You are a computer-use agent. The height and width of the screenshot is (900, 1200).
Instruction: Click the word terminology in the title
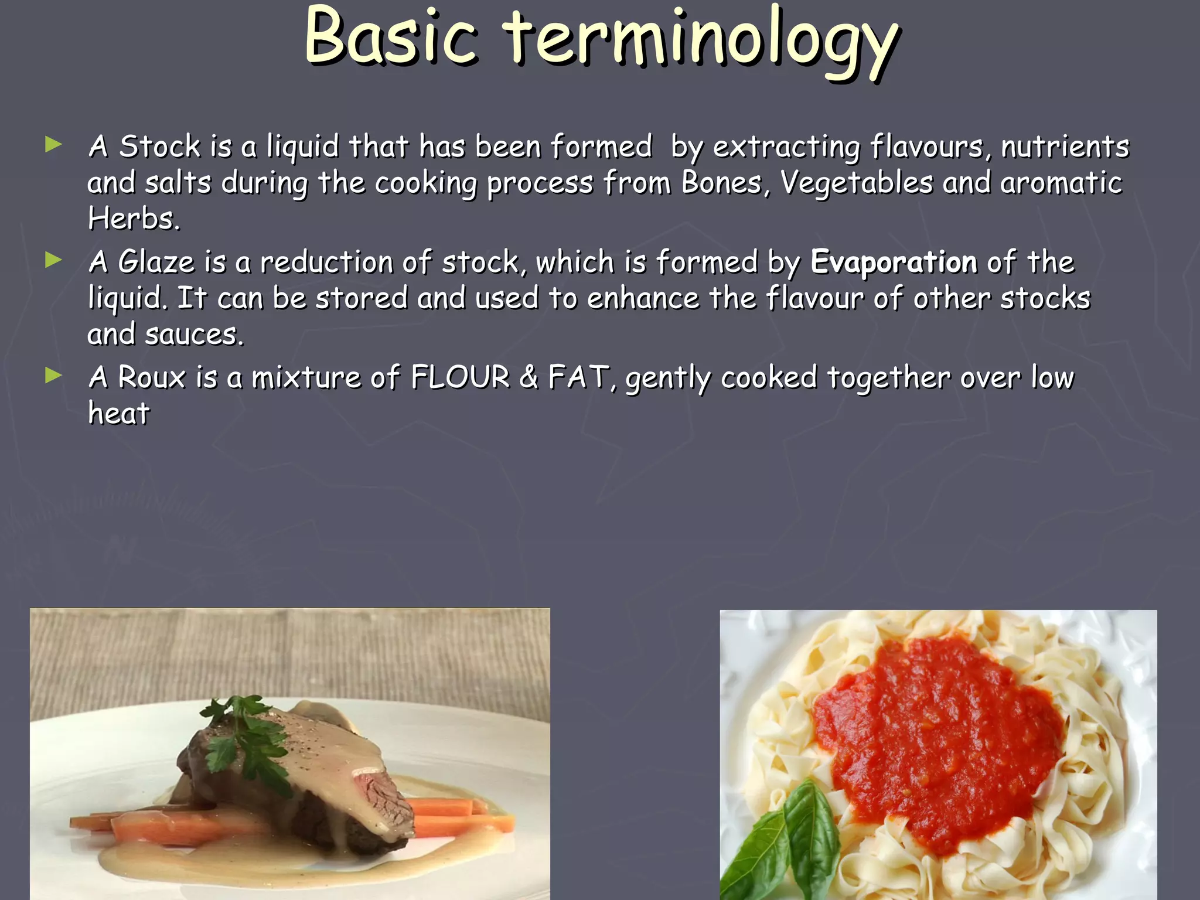(x=701, y=41)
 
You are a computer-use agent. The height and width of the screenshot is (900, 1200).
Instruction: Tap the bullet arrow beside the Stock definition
(x=53, y=144)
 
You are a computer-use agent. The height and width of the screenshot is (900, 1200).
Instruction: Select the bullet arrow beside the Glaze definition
(x=53, y=260)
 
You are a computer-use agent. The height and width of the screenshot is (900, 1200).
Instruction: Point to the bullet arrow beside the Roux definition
(x=53, y=375)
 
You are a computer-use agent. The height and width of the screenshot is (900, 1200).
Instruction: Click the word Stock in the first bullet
(x=159, y=146)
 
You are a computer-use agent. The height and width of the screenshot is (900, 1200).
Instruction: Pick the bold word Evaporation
(x=894, y=261)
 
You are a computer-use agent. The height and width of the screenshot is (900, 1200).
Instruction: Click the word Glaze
(x=156, y=261)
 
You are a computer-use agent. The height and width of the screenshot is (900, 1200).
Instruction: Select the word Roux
(x=152, y=377)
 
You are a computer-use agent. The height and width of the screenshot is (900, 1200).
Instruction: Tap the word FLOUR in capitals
(x=460, y=377)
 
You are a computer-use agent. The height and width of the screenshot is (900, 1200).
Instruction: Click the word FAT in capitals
(x=578, y=377)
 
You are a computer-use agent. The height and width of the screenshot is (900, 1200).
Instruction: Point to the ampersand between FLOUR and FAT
(x=528, y=377)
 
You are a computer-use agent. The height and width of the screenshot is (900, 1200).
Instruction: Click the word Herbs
(x=134, y=219)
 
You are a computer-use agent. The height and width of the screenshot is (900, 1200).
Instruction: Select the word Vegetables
(x=857, y=182)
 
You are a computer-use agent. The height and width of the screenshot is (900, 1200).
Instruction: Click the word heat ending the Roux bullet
(x=119, y=413)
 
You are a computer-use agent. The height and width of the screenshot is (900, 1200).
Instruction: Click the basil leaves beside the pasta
(x=785, y=844)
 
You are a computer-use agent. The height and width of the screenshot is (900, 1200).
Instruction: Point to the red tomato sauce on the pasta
(x=937, y=738)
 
